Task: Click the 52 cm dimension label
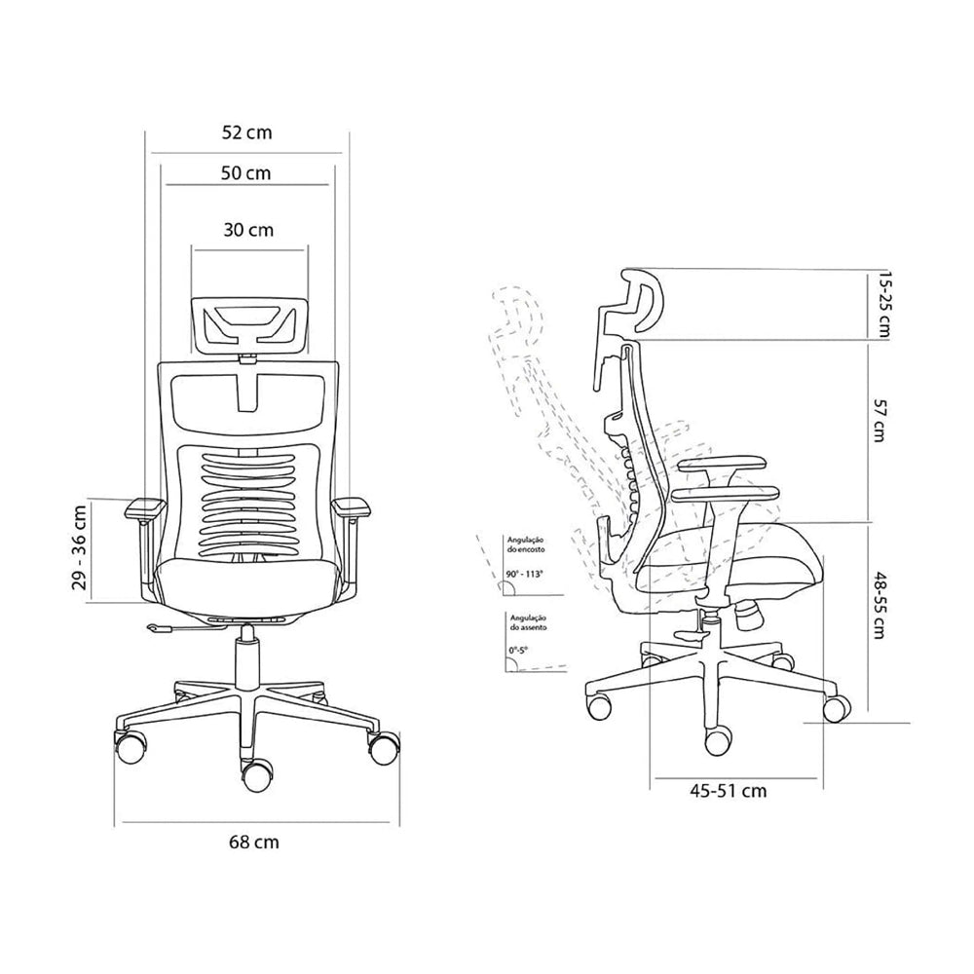coord(245,133)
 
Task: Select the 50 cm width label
coord(245,173)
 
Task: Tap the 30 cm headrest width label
coord(248,231)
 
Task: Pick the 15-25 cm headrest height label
coord(884,303)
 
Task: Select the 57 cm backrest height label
coord(880,420)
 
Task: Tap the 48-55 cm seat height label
coord(880,605)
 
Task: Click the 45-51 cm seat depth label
coord(728,791)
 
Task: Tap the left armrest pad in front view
coord(143,507)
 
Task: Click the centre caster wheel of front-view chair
coord(256,775)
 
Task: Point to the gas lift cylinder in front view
coord(247,658)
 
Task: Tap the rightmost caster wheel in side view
coord(833,707)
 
